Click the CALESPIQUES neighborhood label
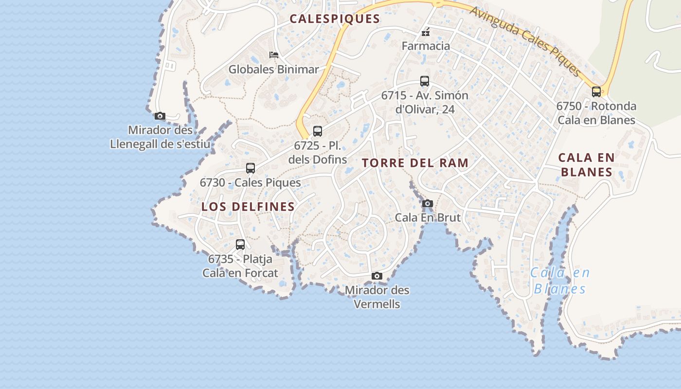pyautogui.click(x=335, y=19)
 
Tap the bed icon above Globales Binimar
pyautogui.click(x=274, y=55)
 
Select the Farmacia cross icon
pyautogui.click(x=426, y=33)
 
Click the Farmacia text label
pyautogui.click(x=426, y=46)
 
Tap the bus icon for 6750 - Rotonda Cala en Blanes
pyautogui.click(x=596, y=91)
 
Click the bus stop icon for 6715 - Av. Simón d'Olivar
pyautogui.click(x=425, y=81)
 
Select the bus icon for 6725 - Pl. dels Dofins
pyautogui.click(x=318, y=131)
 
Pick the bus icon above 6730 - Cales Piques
pyautogui.click(x=251, y=168)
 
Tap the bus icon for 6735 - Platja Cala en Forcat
pyautogui.click(x=240, y=245)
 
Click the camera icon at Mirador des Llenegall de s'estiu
pyautogui.click(x=160, y=116)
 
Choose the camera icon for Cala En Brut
pyautogui.click(x=428, y=203)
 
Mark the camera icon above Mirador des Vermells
pyautogui.click(x=376, y=276)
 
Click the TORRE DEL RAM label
pyautogui.click(x=415, y=163)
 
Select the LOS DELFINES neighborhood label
pyautogui.click(x=248, y=207)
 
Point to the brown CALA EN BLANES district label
pyautogui.click(x=587, y=165)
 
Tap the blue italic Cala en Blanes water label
pyautogui.click(x=559, y=281)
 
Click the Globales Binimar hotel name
pyautogui.click(x=274, y=70)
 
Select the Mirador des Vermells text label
pyautogui.click(x=377, y=297)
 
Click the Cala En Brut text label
pyautogui.click(x=428, y=217)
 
